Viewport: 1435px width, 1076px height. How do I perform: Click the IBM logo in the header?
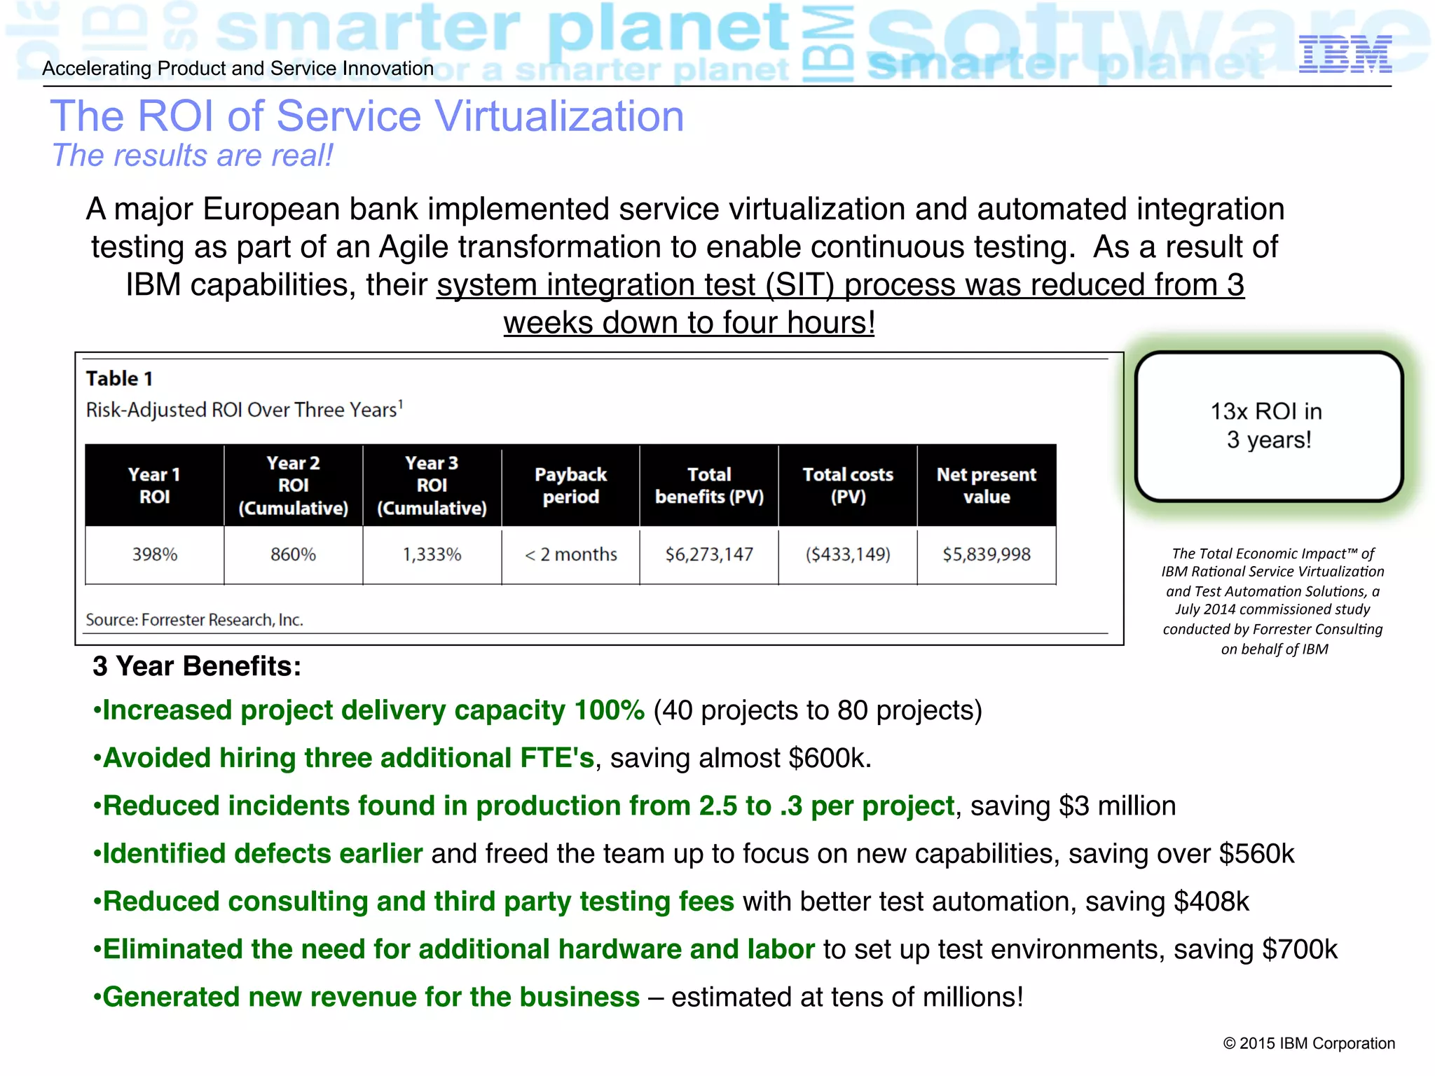(1345, 55)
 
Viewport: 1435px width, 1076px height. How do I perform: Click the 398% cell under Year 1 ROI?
(155, 555)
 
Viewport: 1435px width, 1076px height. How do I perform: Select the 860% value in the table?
(293, 555)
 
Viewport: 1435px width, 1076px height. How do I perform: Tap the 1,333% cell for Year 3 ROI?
(432, 555)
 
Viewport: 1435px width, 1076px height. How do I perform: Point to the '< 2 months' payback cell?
(571, 555)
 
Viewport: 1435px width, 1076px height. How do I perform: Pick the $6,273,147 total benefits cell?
(709, 555)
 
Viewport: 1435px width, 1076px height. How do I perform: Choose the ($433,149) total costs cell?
(848, 555)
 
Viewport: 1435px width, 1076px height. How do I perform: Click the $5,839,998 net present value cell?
(987, 555)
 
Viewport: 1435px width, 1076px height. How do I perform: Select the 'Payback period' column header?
(571, 485)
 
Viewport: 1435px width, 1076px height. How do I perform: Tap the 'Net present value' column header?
(987, 485)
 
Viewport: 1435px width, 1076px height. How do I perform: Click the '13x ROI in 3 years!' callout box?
(1268, 426)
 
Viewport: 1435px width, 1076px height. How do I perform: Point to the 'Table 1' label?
(119, 379)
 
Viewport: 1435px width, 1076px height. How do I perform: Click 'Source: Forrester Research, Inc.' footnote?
(194, 620)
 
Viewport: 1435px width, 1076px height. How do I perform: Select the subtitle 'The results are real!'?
(193, 156)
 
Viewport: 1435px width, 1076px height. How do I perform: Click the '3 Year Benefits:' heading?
(197, 666)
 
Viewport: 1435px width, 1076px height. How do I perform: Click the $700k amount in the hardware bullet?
(1300, 950)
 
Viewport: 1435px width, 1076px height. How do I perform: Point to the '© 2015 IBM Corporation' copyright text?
(1309, 1044)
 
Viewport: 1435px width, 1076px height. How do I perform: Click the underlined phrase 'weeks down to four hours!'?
(689, 323)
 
